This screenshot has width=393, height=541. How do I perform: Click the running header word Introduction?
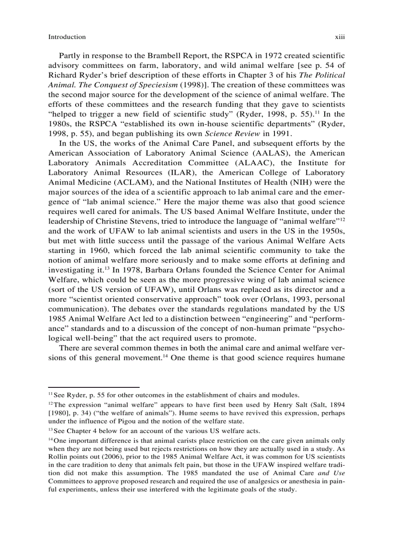[67, 37]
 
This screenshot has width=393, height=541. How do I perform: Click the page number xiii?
[341, 37]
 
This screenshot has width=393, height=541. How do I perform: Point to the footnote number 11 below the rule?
[51, 395]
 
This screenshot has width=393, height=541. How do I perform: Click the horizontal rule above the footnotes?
[94, 386]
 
